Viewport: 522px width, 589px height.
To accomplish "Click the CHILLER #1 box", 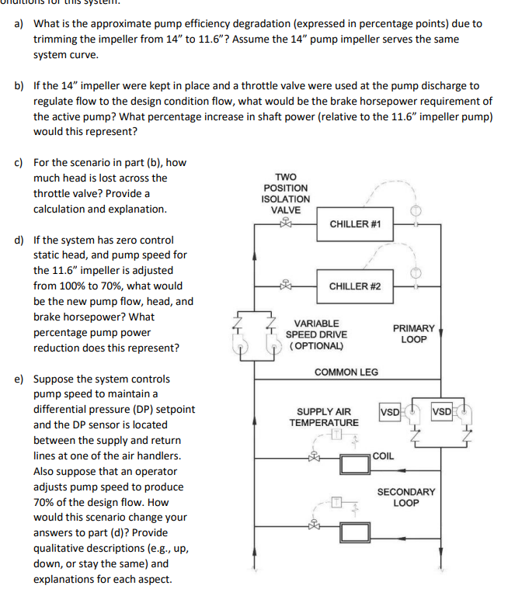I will point(355,223).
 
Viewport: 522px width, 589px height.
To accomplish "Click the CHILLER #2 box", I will point(355,286).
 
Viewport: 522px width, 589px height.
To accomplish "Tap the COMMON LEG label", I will point(346,372).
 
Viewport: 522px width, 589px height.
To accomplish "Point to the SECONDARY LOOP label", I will point(405,497).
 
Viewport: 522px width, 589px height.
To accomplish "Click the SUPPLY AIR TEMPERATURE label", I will point(324,417).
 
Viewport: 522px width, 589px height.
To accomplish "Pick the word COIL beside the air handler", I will point(383,456).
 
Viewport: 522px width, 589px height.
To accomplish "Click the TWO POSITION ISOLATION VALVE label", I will point(285,193).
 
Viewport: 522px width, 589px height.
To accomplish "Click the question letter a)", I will point(19,23).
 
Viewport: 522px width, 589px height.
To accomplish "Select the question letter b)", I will point(19,85).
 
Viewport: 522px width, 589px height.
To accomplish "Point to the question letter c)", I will point(19,162).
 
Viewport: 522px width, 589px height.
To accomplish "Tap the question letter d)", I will point(19,240).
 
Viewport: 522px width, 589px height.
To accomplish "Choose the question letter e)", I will point(19,379).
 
